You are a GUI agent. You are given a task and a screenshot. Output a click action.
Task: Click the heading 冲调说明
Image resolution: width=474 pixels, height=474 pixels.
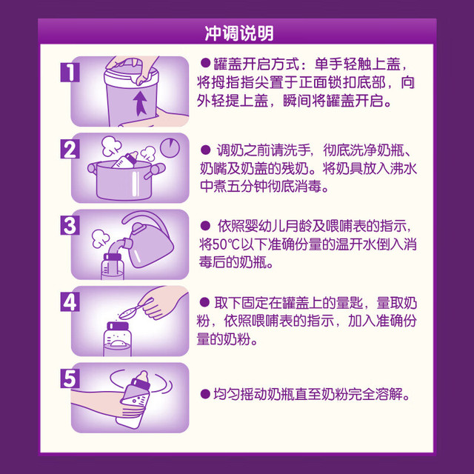pos(239,33)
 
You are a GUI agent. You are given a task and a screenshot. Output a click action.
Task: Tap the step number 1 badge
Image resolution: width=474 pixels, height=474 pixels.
pos(70,73)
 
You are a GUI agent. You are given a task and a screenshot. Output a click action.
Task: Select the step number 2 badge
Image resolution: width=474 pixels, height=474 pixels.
pos(70,149)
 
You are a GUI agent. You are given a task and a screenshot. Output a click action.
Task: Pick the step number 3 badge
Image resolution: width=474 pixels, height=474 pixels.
pos(70,225)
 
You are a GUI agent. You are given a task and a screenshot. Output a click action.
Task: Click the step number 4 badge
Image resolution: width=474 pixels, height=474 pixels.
pos(70,301)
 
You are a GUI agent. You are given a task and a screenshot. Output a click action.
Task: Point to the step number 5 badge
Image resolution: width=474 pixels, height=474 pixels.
pos(70,378)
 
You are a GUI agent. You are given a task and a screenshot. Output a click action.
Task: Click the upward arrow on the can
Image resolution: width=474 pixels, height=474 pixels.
pos(140,103)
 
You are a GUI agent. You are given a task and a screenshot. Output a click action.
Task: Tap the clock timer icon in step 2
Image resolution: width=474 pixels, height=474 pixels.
pos(170,148)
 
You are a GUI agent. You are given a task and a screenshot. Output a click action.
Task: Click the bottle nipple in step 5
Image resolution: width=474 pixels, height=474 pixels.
pos(142,377)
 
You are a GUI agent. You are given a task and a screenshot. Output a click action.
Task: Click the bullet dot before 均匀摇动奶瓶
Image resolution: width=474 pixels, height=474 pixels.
pos(205,394)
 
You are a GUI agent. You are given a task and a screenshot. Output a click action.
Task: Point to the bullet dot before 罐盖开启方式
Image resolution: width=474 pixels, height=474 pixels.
pos(205,63)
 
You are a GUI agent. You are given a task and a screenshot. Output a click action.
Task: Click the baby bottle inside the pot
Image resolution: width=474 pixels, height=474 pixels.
pos(126,160)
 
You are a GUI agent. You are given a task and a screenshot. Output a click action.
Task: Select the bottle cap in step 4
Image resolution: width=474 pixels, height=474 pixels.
pos(118,326)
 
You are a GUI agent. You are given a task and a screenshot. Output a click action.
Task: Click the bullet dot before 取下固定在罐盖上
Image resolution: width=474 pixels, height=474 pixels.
pos(204,302)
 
